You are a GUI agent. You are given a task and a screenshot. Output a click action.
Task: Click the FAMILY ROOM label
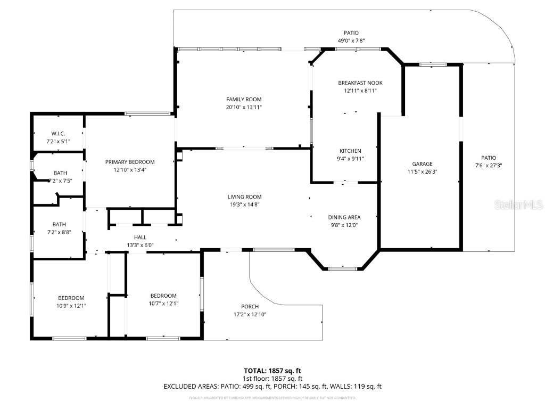point(244,99)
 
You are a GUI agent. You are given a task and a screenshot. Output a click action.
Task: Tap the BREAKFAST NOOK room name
point(360,83)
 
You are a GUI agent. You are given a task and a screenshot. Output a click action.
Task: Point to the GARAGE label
point(422,163)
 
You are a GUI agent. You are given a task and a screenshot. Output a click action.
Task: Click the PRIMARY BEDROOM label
point(130,162)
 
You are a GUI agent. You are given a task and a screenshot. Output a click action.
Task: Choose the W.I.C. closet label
point(58,133)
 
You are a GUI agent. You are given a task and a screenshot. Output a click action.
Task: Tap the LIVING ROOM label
point(245,197)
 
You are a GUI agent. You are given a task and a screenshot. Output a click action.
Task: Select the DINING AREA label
point(344,217)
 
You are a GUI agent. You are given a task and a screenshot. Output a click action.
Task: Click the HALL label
point(141,237)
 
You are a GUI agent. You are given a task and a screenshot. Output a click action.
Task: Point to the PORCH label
point(250,306)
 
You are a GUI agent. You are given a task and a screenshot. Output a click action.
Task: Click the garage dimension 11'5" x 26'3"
point(422,171)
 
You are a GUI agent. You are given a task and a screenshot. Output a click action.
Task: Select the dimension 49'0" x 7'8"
point(351,40)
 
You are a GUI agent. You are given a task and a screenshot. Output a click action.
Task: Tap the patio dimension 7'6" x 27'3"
point(489,165)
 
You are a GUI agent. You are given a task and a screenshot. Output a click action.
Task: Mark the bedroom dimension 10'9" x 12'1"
point(71,306)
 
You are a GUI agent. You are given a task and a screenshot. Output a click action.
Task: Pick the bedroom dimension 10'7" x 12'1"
point(163,304)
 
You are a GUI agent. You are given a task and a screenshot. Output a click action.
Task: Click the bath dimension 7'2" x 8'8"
point(59,232)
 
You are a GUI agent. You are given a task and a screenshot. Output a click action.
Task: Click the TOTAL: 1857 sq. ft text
point(272,371)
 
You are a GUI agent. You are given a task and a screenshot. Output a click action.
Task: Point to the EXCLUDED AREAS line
point(272,387)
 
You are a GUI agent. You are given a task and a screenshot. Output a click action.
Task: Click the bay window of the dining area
point(344,268)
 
